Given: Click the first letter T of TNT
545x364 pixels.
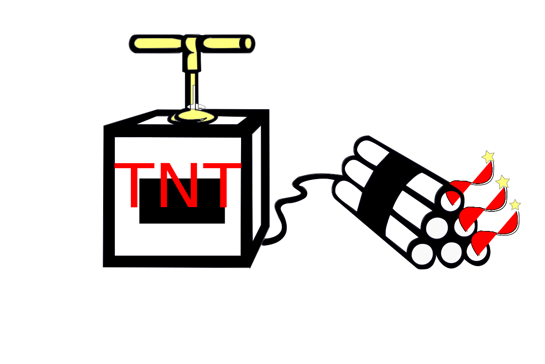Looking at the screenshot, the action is (x=134, y=185).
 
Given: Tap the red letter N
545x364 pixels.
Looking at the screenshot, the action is (x=179, y=185).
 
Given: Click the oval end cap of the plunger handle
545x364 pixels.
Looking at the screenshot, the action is (x=248, y=43).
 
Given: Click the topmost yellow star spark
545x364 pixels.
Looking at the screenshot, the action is (x=488, y=156).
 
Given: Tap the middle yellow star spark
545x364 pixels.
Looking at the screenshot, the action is (x=503, y=182).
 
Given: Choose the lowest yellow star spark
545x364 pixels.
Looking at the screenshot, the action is (x=515, y=205).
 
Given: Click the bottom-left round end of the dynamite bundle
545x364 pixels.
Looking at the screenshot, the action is (x=423, y=254).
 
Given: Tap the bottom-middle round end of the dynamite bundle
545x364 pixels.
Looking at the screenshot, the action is (x=452, y=253).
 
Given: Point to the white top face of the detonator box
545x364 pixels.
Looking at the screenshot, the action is (x=192, y=120).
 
